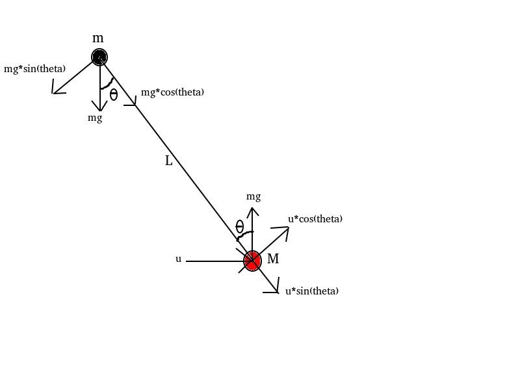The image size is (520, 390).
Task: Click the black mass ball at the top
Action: coord(99,57)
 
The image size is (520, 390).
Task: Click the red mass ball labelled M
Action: coord(252,261)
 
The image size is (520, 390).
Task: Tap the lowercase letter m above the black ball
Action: coord(98,38)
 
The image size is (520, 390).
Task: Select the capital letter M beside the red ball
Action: coord(273,259)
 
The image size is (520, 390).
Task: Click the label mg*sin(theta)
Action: coord(34,69)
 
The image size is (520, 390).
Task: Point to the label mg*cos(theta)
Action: coord(172,92)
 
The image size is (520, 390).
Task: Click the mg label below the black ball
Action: coord(95,118)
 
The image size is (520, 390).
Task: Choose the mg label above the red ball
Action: coord(253,196)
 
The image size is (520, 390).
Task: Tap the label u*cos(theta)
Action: coord(315,219)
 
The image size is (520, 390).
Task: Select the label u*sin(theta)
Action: coord(312,291)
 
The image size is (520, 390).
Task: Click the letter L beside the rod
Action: coord(169,161)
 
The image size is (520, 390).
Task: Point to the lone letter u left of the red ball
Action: coord(178,259)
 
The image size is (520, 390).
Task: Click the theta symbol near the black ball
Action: coord(114,95)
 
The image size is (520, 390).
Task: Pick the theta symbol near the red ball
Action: coord(240,226)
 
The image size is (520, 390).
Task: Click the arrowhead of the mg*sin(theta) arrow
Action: coord(55,92)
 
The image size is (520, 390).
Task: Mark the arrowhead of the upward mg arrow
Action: coord(252,209)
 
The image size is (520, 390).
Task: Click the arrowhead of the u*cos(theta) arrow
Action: coord(287,229)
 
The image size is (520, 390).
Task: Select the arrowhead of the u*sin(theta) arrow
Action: coord(276,290)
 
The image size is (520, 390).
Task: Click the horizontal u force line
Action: coord(214,261)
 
